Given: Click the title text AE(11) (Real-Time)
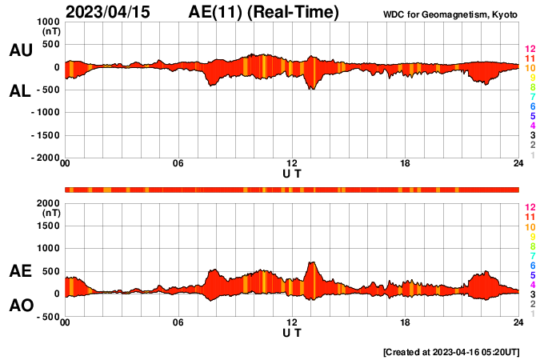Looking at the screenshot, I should tap(264, 12).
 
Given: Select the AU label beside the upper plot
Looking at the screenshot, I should tap(20, 50).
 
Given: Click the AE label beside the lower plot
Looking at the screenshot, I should tap(20, 271).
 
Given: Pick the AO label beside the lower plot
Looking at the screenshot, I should tap(20, 306).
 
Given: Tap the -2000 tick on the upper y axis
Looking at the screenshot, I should tap(45, 158).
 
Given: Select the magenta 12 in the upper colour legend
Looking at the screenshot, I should tap(529, 50).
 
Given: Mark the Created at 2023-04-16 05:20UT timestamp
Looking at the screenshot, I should tap(450, 352).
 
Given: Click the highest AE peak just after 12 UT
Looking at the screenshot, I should tap(311, 262).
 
